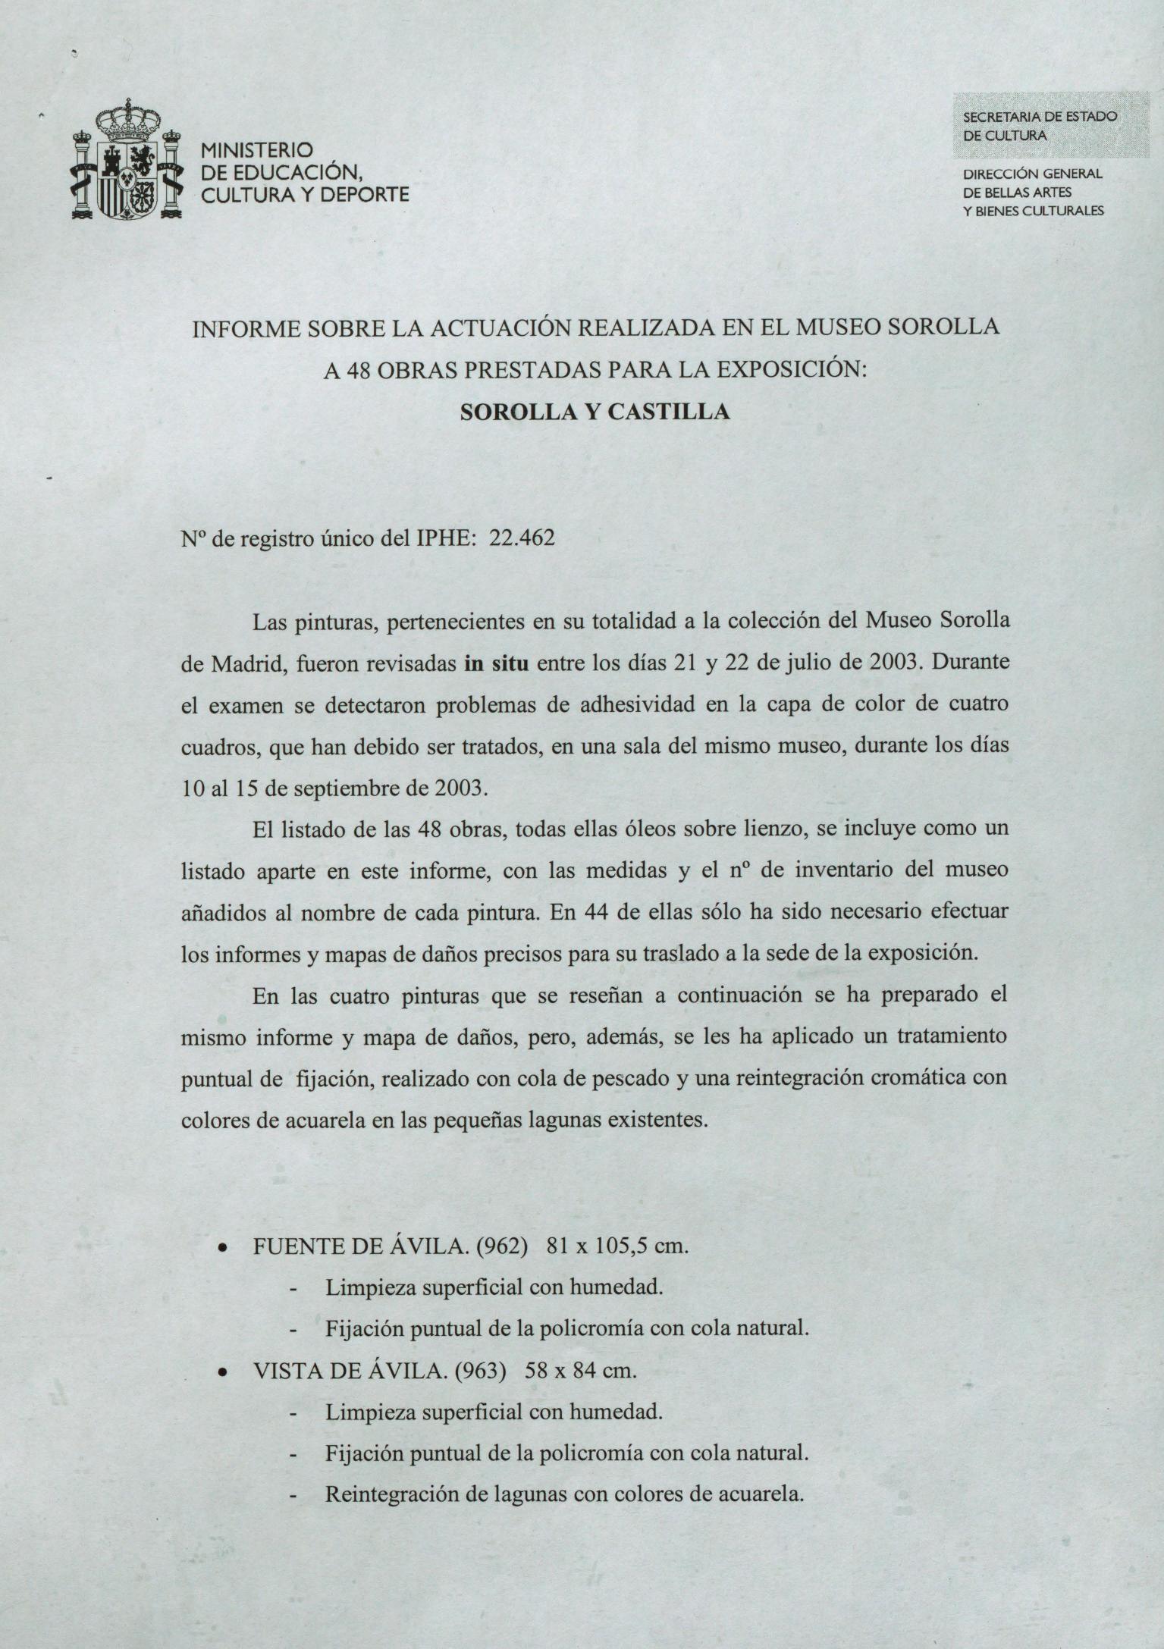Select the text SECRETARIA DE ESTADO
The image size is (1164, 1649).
click(1040, 118)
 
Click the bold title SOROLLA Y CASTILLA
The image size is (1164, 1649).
click(595, 412)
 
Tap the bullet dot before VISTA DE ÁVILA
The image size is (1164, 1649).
click(222, 1373)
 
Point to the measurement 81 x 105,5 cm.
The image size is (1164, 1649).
click(617, 1246)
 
